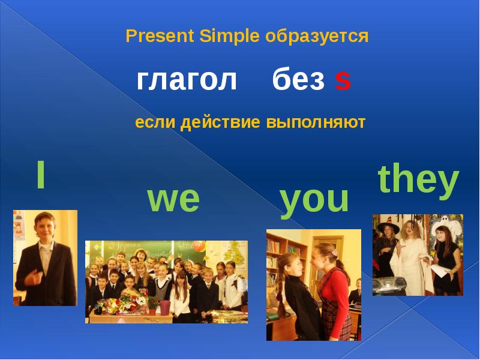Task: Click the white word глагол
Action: [x=187, y=80]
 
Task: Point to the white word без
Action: [x=299, y=80]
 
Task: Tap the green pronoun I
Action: [x=40, y=175]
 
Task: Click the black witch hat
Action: [x=386, y=227]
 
